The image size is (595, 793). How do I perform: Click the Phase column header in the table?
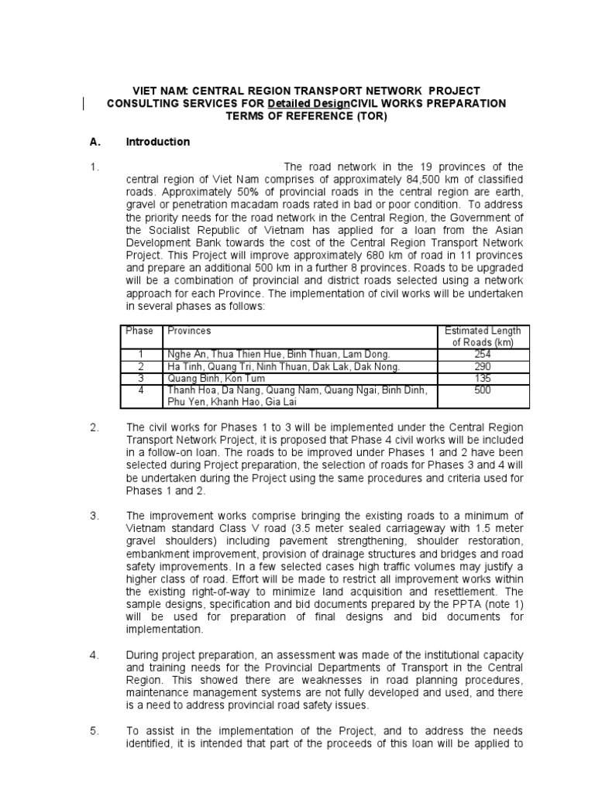click(x=139, y=331)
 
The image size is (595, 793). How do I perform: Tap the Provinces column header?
click(x=189, y=331)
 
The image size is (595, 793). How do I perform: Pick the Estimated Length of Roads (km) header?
click(x=483, y=337)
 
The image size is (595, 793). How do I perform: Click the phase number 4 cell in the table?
click(x=141, y=390)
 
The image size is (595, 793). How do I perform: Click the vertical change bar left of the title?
click(x=84, y=104)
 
